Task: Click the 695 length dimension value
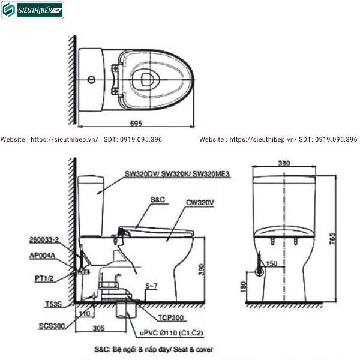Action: [135, 123]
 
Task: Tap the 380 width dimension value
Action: [285, 163]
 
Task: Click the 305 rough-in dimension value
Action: [100, 328]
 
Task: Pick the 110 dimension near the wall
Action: [83, 313]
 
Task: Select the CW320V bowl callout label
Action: [200, 202]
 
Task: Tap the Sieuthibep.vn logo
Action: [32, 10]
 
